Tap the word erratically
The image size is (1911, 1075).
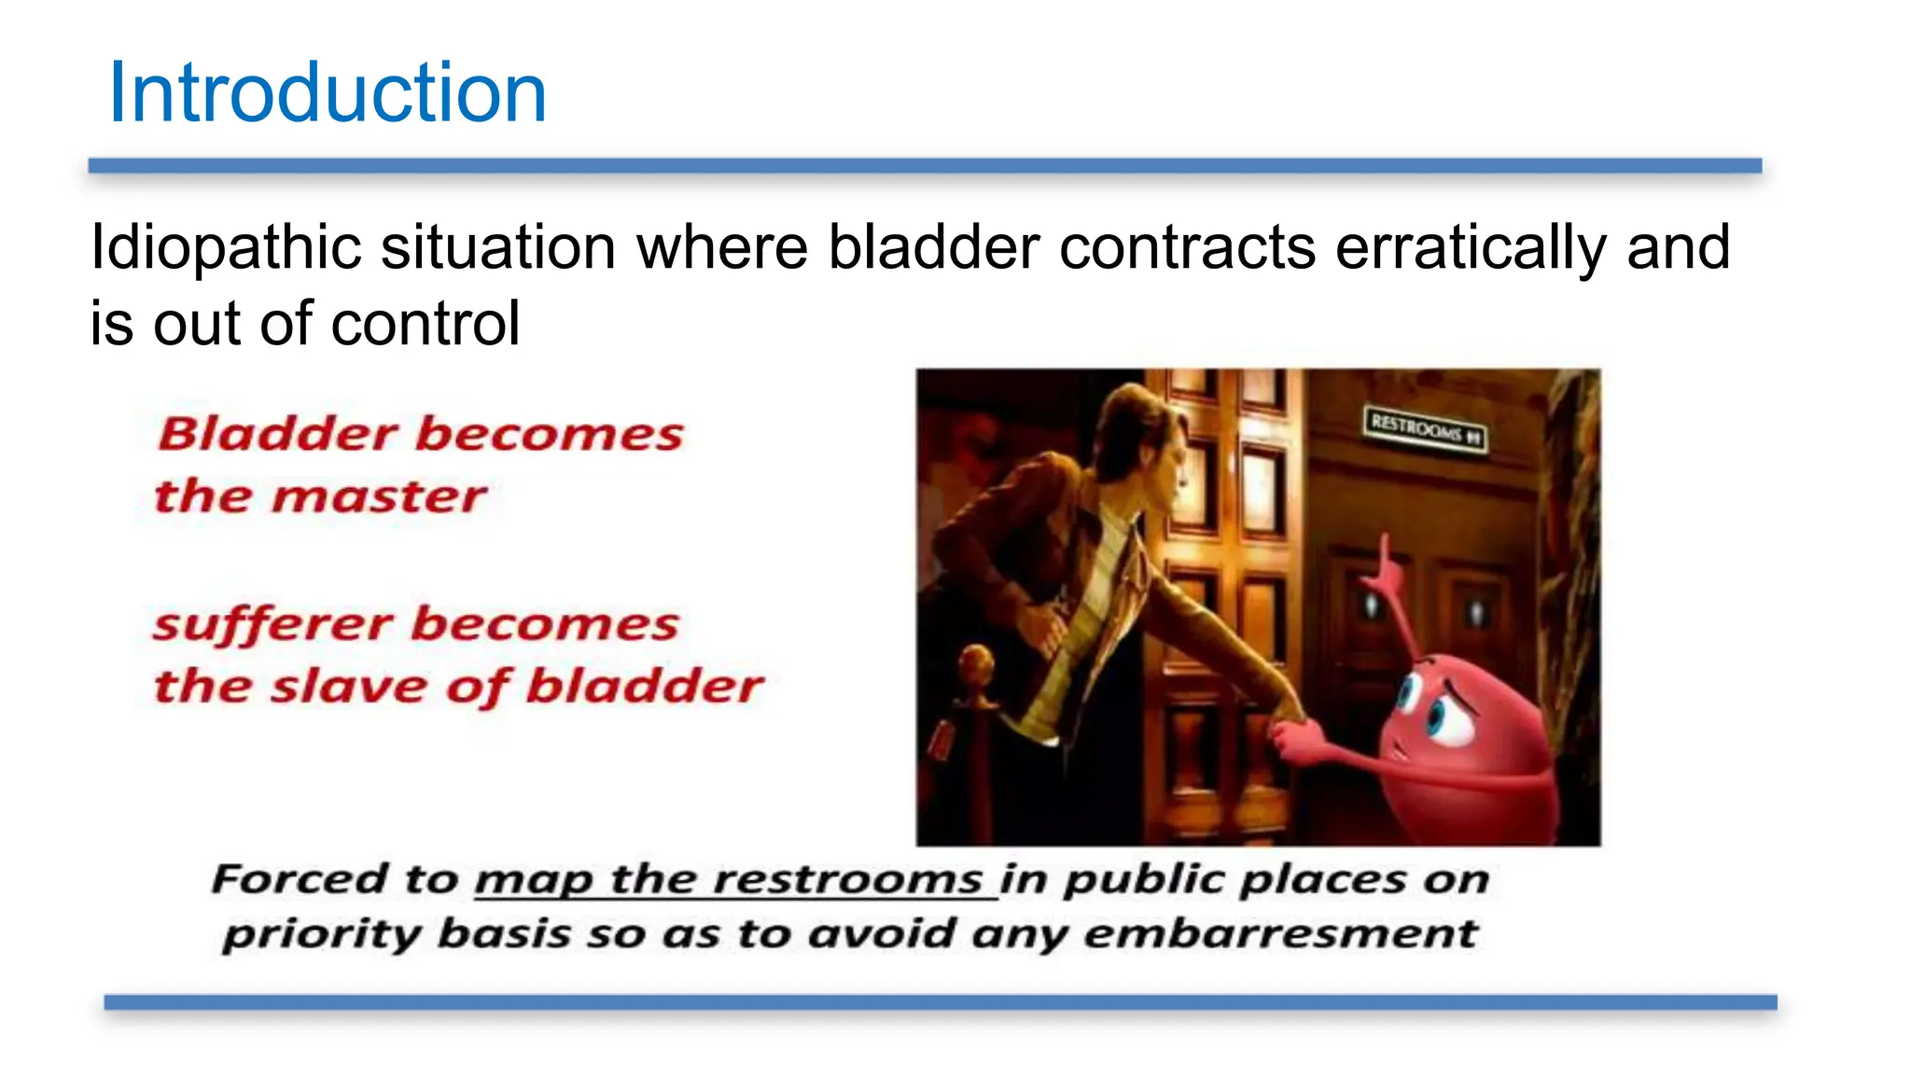point(1471,248)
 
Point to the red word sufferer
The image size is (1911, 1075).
point(272,624)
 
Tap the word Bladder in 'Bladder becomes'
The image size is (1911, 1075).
point(278,434)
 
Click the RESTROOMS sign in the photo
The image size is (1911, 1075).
point(1424,428)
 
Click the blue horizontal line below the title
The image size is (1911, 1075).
point(924,166)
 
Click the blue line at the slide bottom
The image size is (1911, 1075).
point(940,1002)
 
